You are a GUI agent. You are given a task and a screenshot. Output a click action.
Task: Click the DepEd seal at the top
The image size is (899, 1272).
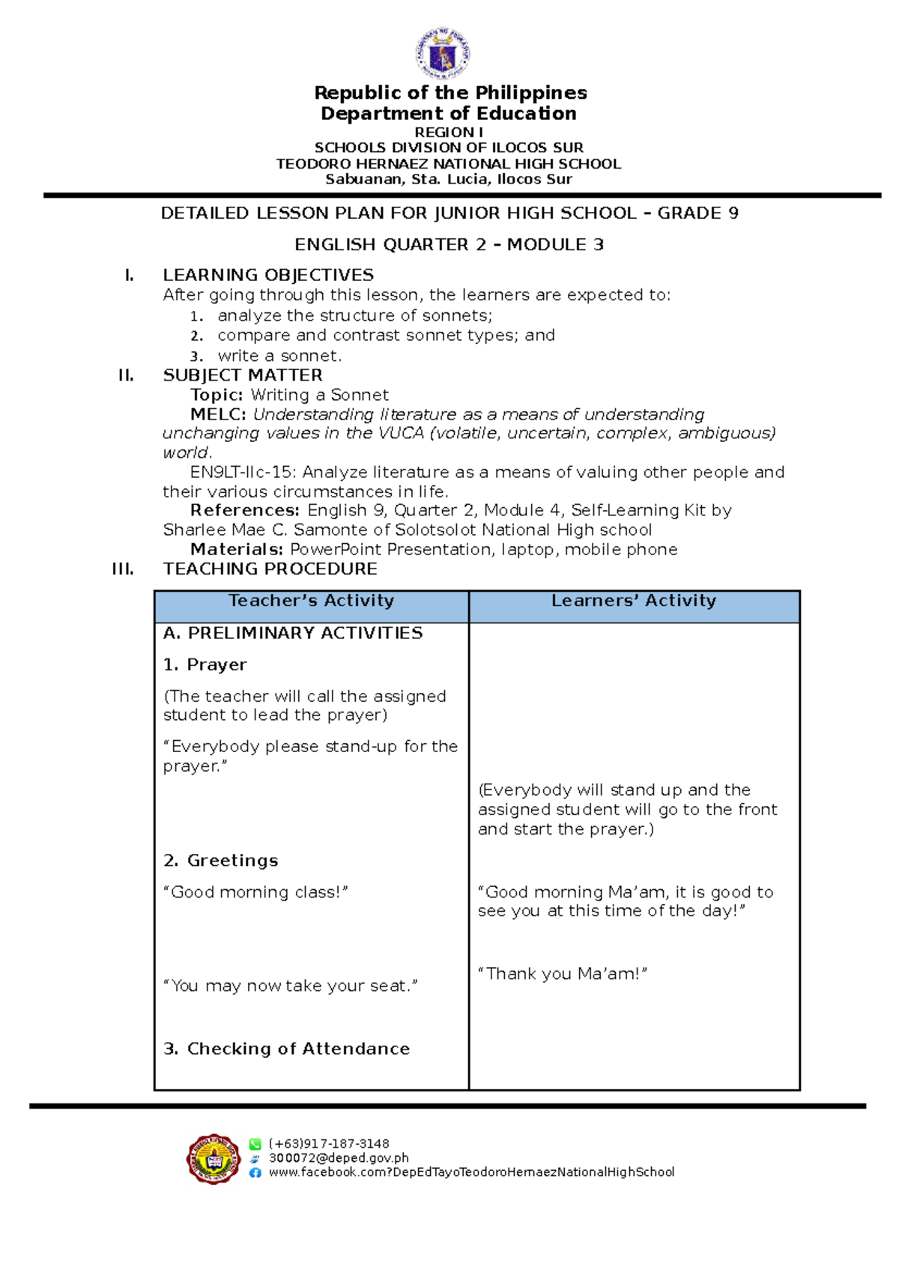443,53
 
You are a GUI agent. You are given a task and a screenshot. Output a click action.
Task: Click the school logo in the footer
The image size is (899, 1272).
214,1159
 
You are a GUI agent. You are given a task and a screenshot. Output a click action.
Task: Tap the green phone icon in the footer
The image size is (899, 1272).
255,1144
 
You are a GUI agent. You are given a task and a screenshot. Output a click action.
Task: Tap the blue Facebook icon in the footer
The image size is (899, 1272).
255,1172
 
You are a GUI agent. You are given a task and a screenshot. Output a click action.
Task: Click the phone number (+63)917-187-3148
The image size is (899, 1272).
329,1144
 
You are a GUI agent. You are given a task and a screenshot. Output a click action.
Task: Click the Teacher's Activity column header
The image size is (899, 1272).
311,601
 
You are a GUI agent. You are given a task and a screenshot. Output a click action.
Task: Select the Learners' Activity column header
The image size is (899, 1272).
634,601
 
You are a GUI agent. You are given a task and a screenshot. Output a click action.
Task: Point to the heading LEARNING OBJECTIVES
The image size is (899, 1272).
268,275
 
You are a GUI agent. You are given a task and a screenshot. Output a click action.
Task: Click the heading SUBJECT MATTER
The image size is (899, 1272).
243,375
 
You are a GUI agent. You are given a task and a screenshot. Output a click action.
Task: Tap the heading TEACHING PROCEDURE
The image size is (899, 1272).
270,569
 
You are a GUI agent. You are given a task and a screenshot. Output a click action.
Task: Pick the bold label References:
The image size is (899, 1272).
245,510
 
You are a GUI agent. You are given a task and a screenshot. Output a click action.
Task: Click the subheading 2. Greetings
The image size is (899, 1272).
221,861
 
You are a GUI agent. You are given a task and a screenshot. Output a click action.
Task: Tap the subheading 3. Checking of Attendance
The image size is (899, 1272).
287,1049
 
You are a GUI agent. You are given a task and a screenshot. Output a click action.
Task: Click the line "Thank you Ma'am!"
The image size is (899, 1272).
562,974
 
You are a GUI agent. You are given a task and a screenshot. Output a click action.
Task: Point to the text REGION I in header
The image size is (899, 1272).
449,132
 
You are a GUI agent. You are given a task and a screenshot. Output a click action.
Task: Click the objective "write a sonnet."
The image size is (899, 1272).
279,356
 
